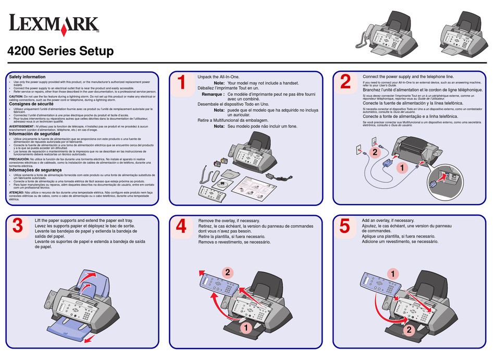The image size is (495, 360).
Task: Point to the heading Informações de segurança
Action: pos(35,170)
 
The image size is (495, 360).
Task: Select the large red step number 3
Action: pos(18,226)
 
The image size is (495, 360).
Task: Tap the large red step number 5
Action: pos(344,226)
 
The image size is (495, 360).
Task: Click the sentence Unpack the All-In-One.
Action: pos(218,77)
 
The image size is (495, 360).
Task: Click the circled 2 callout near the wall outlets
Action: pos(373,152)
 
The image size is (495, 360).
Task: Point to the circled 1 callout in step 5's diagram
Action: pos(392,271)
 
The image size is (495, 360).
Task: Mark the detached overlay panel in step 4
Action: pos(217,287)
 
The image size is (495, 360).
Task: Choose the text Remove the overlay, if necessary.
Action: pos(230,221)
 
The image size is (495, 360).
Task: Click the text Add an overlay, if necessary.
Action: pos(388,220)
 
